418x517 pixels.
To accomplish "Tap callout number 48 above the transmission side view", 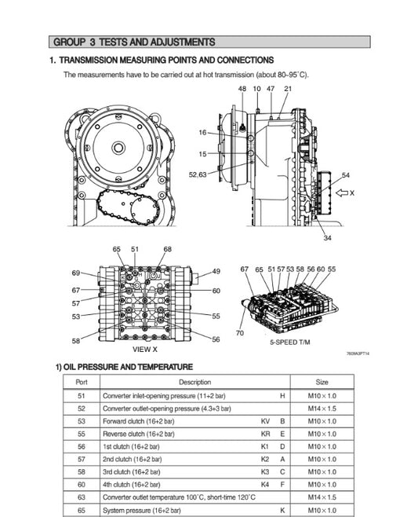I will pos(242,89).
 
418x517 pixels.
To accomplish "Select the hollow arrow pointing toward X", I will pos(342,192).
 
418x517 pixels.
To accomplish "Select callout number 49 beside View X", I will pos(216,272).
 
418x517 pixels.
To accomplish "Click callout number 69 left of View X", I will pos(76,273).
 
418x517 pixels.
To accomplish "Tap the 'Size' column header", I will pos(322,381).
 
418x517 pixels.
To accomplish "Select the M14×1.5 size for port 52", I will pos(322,409).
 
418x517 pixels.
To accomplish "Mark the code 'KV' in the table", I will pos(265,422).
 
